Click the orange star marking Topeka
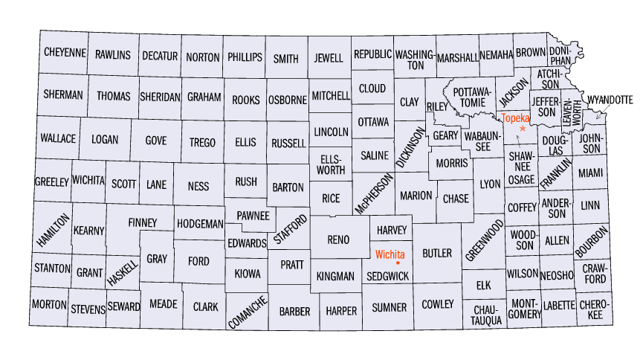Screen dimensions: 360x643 [523, 129]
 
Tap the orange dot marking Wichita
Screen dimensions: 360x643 [398, 263]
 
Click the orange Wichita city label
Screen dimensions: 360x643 [390, 254]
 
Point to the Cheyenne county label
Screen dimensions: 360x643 [65, 54]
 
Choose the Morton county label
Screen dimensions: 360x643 [50, 305]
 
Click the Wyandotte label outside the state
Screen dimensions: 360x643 [610, 99]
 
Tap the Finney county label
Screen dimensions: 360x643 [142, 222]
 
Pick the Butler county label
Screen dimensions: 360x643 [437, 254]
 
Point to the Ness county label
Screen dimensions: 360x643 [198, 185]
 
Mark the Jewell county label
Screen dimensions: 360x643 [329, 58]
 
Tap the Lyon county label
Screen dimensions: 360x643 [490, 184]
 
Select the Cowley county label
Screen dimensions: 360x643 [437, 304]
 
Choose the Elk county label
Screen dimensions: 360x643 [484, 284]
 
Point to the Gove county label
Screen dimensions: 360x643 [155, 141]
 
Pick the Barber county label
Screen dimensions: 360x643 [294, 311]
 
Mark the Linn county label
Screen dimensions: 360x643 [591, 205]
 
